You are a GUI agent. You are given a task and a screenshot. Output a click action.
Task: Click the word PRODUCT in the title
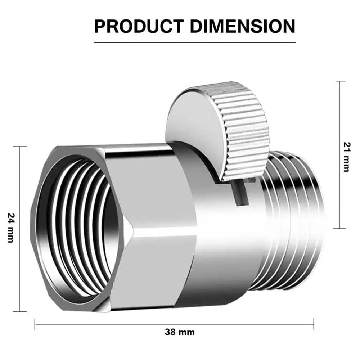coord(139,26)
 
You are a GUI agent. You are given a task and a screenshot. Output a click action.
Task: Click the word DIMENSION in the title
coord(243,26)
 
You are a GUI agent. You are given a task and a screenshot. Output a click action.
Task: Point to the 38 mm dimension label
coord(180,332)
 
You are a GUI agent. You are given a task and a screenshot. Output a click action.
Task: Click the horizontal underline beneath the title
coord(195,42)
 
